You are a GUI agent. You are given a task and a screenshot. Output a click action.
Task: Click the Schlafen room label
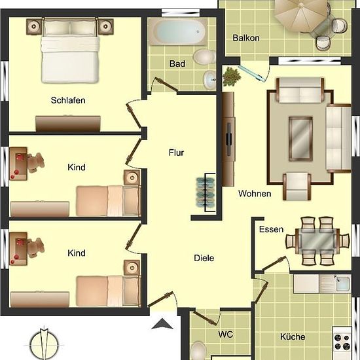pos(68,100)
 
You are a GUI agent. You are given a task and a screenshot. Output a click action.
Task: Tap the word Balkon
pos(246,38)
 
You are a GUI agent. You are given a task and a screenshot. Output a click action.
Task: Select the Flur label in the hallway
pos(176,153)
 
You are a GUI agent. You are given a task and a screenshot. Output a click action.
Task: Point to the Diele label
pos(204,258)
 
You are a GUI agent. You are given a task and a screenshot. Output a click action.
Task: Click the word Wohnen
pos(255,194)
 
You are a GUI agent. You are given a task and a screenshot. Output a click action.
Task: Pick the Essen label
pos(271,229)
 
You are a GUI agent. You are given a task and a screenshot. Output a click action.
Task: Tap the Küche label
pos(293,337)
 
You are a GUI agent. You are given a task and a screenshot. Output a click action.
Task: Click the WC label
pos(226,334)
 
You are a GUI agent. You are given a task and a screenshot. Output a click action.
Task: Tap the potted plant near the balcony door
pos(232,77)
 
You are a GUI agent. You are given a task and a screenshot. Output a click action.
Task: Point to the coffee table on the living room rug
pos(300,139)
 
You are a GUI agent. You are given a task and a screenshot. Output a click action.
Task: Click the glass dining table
pos(317,241)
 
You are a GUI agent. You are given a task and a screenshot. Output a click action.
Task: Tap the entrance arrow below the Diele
pos(162,324)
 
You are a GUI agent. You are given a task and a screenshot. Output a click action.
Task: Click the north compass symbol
pos(44,344)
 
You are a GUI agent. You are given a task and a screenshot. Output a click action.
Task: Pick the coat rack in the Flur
pos(206,192)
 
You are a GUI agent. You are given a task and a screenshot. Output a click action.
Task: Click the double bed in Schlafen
pos(71,52)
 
